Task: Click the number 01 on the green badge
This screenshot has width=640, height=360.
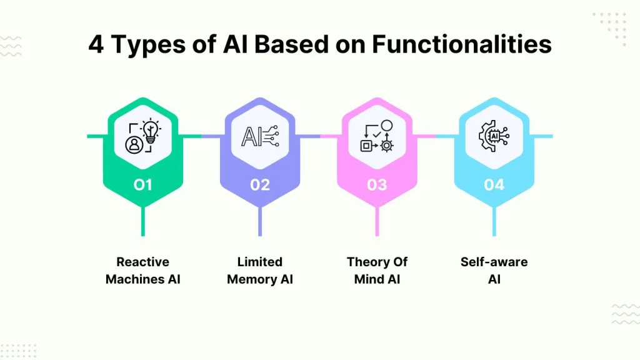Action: (x=143, y=185)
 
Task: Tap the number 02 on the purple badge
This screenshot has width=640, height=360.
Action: (x=260, y=185)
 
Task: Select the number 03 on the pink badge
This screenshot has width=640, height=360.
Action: (x=377, y=185)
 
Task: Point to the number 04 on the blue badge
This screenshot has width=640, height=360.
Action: (x=494, y=185)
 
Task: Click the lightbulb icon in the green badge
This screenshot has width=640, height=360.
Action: (x=143, y=136)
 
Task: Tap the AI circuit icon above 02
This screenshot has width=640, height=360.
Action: (x=260, y=136)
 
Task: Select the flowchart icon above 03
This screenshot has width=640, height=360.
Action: (x=377, y=136)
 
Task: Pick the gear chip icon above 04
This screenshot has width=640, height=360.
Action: (x=494, y=136)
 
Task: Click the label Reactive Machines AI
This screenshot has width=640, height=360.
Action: (x=143, y=270)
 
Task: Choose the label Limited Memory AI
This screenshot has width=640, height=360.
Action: (x=260, y=270)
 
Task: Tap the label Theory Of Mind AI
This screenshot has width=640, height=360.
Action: (x=377, y=270)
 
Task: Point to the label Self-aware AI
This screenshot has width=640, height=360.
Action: (x=494, y=270)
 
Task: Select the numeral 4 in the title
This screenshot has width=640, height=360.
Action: (x=96, y=45)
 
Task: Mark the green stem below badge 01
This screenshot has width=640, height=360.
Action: (x=143, y=221)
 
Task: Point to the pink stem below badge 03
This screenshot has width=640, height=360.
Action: (x=377, y=221)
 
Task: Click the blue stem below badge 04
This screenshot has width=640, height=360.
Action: (x=494, y=221)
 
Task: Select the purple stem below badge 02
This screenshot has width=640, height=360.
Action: (x=260, y=221)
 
